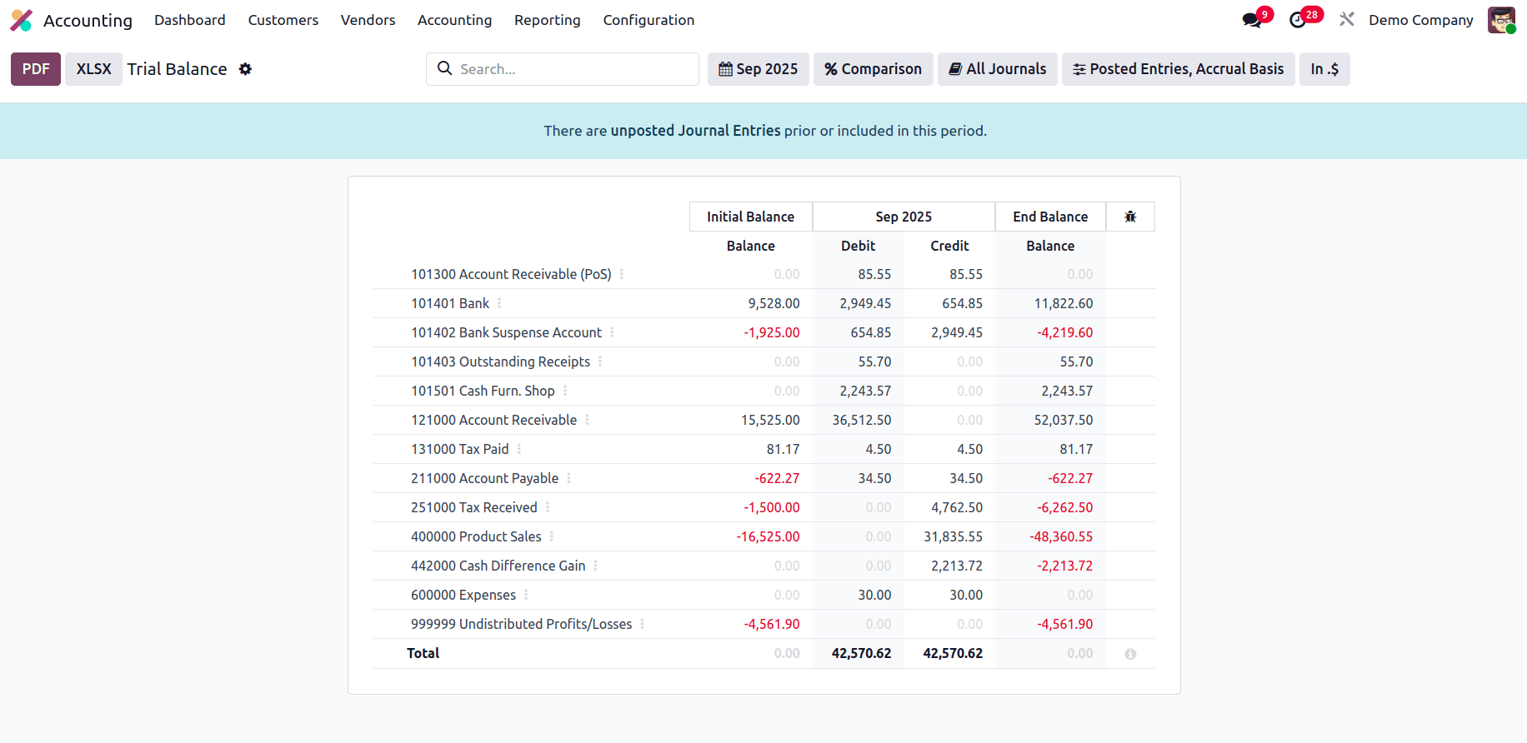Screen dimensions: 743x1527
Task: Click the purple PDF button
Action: coord(35,69)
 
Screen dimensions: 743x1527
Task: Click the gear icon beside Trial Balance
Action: coord(245,69)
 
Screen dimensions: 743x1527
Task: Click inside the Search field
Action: coord(575,69)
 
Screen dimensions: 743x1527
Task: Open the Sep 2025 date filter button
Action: coord(758,69)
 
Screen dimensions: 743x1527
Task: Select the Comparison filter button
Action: coord(873,69)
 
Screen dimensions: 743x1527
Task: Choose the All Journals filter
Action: coord(997,69)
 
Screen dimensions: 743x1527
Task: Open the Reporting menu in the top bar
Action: coord(547,20)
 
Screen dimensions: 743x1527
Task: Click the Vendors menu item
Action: coord(368,20)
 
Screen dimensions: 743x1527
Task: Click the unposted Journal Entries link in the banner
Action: coord(695,131)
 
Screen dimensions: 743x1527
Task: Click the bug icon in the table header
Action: coord(1129,217)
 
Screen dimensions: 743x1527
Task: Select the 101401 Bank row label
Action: coord(450,303)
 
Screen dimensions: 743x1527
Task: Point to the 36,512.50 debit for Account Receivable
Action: coord(861,420)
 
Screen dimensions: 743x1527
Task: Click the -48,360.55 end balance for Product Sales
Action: coord(1060,536)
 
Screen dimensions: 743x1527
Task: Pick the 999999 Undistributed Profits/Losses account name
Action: coord(521,624)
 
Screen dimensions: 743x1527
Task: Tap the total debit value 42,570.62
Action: coord(861,653)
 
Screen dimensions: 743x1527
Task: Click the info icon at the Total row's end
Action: coord(1129,654)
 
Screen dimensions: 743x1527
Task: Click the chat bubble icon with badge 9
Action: coord(1252,20)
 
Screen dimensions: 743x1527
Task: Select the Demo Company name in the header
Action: coord(1420,20)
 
